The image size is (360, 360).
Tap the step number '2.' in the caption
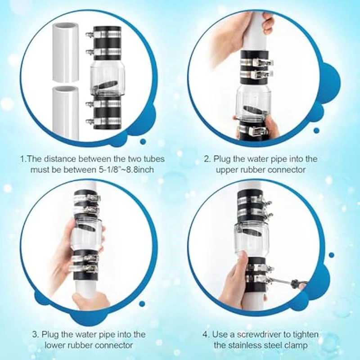point(207,159)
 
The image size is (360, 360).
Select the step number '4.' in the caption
point(206,334)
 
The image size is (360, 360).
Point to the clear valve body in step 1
point(108,78)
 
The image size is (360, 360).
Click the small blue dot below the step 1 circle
point(143,141)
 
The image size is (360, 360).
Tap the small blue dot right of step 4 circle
point(331,255)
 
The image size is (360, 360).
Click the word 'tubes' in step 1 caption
point(154,159)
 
